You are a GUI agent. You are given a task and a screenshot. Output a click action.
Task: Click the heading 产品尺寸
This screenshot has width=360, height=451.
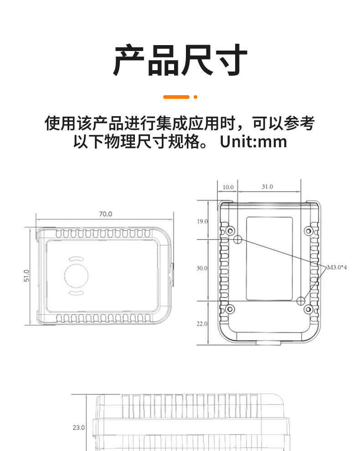click(x=180, y=60)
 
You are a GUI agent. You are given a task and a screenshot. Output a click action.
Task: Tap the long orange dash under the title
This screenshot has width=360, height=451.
click(x=176, y=97)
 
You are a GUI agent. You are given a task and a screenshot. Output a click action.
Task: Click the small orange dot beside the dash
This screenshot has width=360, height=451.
click(x=195, y=97)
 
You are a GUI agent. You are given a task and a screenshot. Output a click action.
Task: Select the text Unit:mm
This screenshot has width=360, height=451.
click(x=253, y=141)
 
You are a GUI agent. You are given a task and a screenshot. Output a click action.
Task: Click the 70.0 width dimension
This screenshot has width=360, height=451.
click(x=105, y=214)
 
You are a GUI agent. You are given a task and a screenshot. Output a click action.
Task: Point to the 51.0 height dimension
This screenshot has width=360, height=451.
click(x=26, y=276)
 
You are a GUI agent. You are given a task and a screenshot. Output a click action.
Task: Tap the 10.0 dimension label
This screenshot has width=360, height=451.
click(x=228, y=187)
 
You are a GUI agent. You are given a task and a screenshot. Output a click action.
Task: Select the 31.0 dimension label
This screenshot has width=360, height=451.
click(x=267, y=187)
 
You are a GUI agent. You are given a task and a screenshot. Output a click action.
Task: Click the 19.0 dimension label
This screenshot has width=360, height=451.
click(x=202, y=221)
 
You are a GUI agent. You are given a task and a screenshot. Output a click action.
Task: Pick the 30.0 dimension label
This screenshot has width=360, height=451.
click(x=202, y=268)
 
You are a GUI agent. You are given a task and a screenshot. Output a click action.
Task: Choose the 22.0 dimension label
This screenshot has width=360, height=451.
click(x=202, y=324)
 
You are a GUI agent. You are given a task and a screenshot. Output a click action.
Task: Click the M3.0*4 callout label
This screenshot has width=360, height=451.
click(x=337, y=267)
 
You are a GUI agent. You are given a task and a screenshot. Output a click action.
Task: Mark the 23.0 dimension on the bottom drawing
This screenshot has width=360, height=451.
click(x=78, y=427)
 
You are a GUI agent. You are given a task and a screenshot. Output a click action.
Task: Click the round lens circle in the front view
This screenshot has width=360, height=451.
click(x=76, y=275)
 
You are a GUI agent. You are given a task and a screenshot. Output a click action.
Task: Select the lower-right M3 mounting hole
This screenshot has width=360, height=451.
click(x=301, y=301)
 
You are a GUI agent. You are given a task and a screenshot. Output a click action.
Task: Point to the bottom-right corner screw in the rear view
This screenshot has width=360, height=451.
click(x=309, y=310)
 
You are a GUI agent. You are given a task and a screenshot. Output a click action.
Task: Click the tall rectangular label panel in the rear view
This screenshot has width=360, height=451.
click(x=269, y=258)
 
